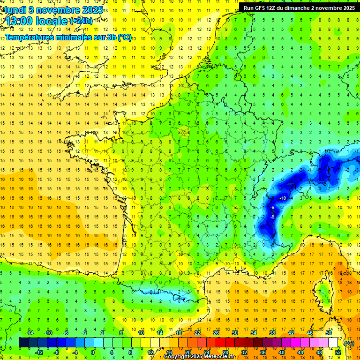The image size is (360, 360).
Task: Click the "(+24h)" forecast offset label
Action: click(x=81, y=21)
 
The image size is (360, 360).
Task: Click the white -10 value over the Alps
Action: click(x=282, y=198)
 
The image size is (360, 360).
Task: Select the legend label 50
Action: click(x=329, y=333)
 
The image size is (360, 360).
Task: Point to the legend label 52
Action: click(x=337, y=352)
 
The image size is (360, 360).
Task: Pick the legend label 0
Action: click(x=93, y=352)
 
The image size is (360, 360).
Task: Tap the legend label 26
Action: click(x=216, y=333)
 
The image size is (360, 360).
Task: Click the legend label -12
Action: click(x=39, y=352)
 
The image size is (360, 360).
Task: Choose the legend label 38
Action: click(x=272, y=333)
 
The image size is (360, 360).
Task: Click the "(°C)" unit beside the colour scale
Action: click(x=349, y=343)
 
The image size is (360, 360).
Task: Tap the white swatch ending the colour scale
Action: click(x=333, y=343)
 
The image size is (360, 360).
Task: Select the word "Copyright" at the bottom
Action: click(x=177, y=357)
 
